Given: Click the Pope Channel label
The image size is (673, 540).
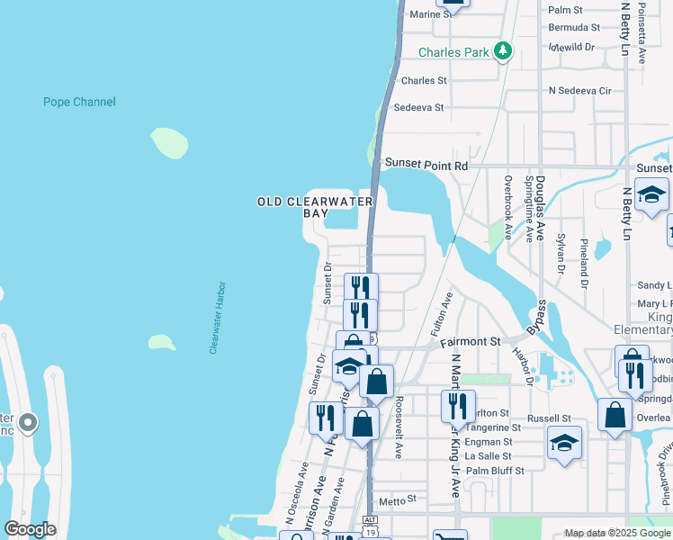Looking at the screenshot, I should coord(79,102).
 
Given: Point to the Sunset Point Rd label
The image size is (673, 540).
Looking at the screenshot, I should coord(427,165).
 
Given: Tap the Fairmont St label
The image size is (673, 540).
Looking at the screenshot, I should coord(471,342).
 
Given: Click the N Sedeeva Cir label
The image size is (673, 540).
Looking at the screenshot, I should coord(580,91).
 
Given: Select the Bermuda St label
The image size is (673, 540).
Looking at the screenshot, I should coord(574,27).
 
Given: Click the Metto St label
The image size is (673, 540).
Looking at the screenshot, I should coord(399,498).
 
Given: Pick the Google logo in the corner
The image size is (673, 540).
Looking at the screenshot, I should coord(30,529).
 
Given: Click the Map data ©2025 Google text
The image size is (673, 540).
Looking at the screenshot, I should coord(617,533).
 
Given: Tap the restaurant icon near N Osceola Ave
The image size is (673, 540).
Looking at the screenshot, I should coord(326,417).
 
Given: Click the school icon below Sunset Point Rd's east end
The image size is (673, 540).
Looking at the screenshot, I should coord(651,193).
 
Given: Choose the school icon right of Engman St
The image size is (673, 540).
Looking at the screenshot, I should coord(564,442).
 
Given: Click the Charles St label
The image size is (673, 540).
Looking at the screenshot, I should coord(424,80).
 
